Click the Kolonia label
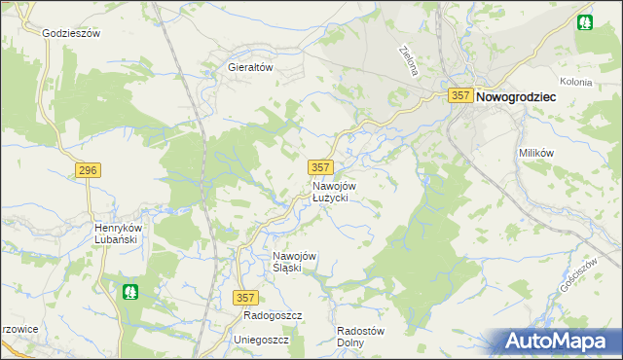(x=576, y=82)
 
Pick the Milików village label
(x=535, y=154)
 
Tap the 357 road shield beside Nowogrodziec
(x=461, y=96)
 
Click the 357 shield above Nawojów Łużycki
(x=321, y=167)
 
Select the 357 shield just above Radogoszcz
(x=246, y=298)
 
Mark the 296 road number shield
(x=88, y=170)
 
